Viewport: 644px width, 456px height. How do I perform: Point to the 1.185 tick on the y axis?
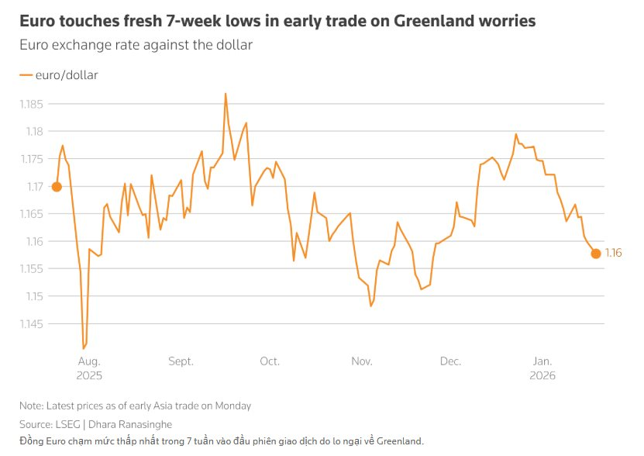point(32,104)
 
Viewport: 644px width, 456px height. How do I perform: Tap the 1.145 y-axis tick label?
point(32,324)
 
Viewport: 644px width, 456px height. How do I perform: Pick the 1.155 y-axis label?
point(32,269)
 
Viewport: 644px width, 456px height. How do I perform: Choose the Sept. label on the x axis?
point(180,361)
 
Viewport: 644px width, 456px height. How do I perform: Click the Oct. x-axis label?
point(270,361)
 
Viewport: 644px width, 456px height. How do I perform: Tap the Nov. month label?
point(361,361)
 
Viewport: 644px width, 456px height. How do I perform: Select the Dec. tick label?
point(450,361)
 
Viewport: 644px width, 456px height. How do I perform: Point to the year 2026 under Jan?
point(542,375)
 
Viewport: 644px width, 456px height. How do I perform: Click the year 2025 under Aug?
point(89,375)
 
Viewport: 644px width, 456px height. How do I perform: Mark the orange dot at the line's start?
point(57,186)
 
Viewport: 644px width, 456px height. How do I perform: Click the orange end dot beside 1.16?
point(595,254)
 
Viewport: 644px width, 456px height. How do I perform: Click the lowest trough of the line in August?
point(84,348)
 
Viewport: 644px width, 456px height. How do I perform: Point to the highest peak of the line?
point(225,94)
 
